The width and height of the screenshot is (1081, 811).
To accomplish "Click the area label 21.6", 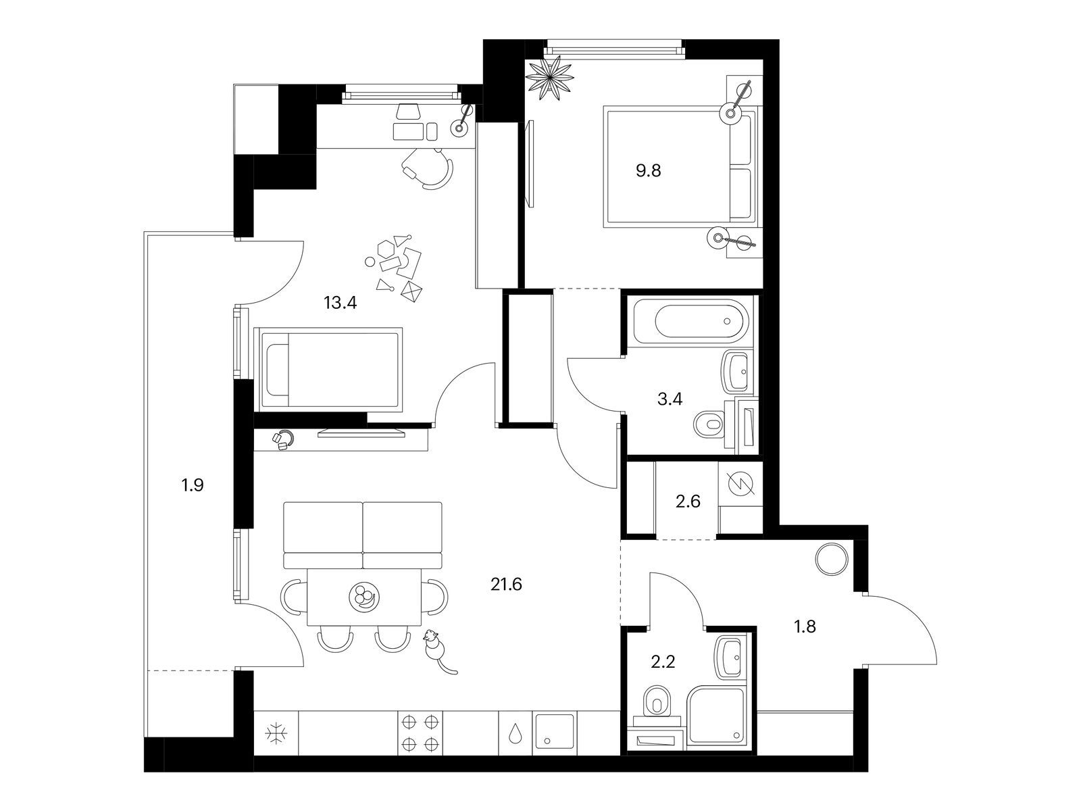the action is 506,585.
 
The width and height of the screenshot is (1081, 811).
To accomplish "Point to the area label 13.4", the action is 340,303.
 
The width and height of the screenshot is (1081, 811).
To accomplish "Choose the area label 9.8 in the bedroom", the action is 648,171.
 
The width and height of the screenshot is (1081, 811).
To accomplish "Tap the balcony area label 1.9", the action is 193,485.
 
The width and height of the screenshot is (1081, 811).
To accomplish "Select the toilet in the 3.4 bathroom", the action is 711,423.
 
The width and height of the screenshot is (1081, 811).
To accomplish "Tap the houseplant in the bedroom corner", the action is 549,77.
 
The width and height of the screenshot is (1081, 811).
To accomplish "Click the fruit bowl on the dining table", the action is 364,597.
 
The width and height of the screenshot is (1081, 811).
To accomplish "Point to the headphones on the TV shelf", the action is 284,439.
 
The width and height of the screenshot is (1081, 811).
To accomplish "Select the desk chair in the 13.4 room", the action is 428,168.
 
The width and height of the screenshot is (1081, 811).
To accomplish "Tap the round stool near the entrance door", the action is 831,558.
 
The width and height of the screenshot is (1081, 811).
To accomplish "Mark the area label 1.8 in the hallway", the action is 805,626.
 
